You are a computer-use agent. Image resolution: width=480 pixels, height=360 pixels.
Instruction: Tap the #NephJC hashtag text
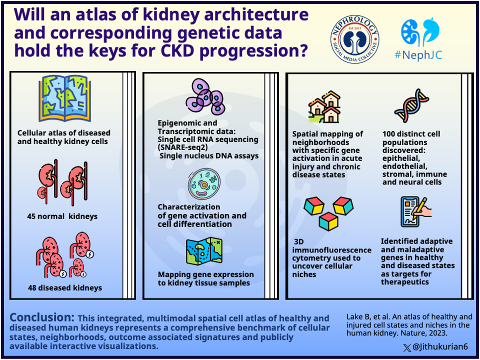pyautogui.click(x=418, y=55)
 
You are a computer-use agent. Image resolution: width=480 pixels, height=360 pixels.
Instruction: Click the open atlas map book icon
pyautogui.click(x=64, y=99)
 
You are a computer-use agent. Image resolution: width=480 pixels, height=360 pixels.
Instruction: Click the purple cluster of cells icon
pyautogui.click(x=204, y=96)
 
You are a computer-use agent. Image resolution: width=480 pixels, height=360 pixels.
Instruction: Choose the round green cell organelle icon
pyautogui.click(x=204, y=184)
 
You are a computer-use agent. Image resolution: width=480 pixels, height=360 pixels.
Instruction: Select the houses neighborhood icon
pyautogui.click(x=324, y=107)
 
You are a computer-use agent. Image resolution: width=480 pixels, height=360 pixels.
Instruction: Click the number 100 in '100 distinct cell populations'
pyautogui.click(x=389, y=134)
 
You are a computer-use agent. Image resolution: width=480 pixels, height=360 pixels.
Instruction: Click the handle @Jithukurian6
pyautogui.click(x=439, y=346)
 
